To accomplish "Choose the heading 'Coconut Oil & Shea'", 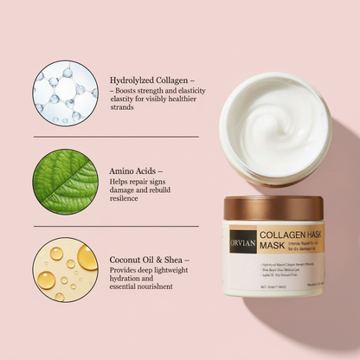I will (x=149, y=259).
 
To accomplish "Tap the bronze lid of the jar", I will (x=273, y=208).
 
